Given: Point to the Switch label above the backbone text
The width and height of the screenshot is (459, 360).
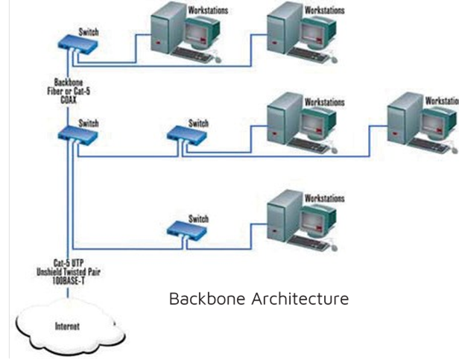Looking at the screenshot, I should coord(89,32).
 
